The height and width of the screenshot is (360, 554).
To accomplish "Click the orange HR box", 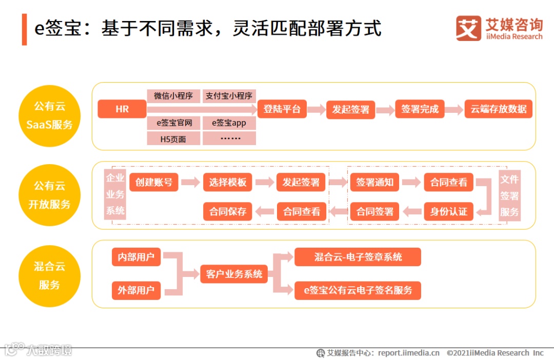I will tap(122, 109).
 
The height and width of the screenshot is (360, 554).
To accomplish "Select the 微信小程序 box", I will tap(173, 96).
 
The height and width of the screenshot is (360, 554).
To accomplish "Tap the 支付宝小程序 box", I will tap(229, 96).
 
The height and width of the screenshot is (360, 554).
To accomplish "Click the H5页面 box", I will tap(173, 138).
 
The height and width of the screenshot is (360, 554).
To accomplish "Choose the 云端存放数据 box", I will tap(498, 109).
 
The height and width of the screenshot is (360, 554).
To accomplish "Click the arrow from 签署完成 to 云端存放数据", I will tap(454, 109).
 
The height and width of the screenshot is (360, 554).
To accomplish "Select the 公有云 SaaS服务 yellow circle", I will tap(50, 116).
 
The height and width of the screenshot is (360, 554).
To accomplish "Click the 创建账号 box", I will tap(154, 183).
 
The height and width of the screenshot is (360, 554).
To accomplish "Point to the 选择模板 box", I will tap(228, 183).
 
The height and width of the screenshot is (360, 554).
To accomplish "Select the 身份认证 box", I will tap(448, 211).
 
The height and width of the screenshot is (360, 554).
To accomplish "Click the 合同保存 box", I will tap(228, 211).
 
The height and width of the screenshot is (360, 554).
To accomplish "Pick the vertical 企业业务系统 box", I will tap(115, 194).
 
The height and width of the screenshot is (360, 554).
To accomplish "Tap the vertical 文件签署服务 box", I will tap(509, 195).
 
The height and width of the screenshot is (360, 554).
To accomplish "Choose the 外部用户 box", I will tap(136, 291).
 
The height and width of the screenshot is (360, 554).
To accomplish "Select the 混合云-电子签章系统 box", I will tap(358, 257).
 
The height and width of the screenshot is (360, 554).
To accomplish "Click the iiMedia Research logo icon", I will tap(468, 28).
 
